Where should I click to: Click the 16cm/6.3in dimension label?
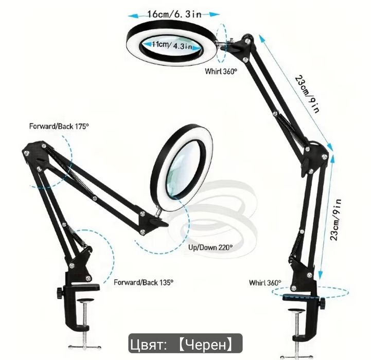174,14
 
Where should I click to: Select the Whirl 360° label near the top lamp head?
221,71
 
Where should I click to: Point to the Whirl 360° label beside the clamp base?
265,283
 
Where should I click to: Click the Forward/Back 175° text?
59,126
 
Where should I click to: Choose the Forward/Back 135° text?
144,282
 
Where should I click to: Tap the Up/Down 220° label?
210,248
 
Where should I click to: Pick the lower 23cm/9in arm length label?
336,220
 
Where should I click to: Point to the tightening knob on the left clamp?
59,293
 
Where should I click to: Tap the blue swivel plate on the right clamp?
299,296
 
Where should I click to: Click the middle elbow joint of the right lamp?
314,157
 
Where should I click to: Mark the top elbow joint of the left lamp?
36,153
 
